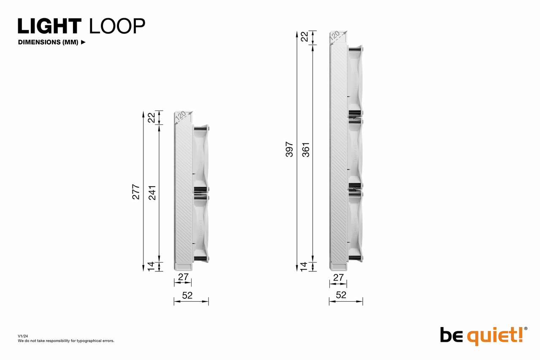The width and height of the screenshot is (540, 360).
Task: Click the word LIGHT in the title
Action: (x=50, y=26)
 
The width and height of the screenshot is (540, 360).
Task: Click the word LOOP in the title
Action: (x=117, y=26)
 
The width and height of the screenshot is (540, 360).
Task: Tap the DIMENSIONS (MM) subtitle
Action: (x=48, y=42)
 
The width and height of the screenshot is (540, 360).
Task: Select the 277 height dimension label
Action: (x=136, y=192)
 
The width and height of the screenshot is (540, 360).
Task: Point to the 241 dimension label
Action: (x=152, y=192)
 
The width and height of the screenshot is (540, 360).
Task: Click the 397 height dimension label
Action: (x=289, y=149)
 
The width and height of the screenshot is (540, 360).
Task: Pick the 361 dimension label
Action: (x=306, y=150)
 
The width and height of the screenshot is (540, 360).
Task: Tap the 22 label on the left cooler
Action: (x=151, y=118)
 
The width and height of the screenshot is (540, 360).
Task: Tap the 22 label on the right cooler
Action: (x=305, y=37)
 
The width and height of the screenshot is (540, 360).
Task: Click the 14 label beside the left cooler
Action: (x=151, y=266)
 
